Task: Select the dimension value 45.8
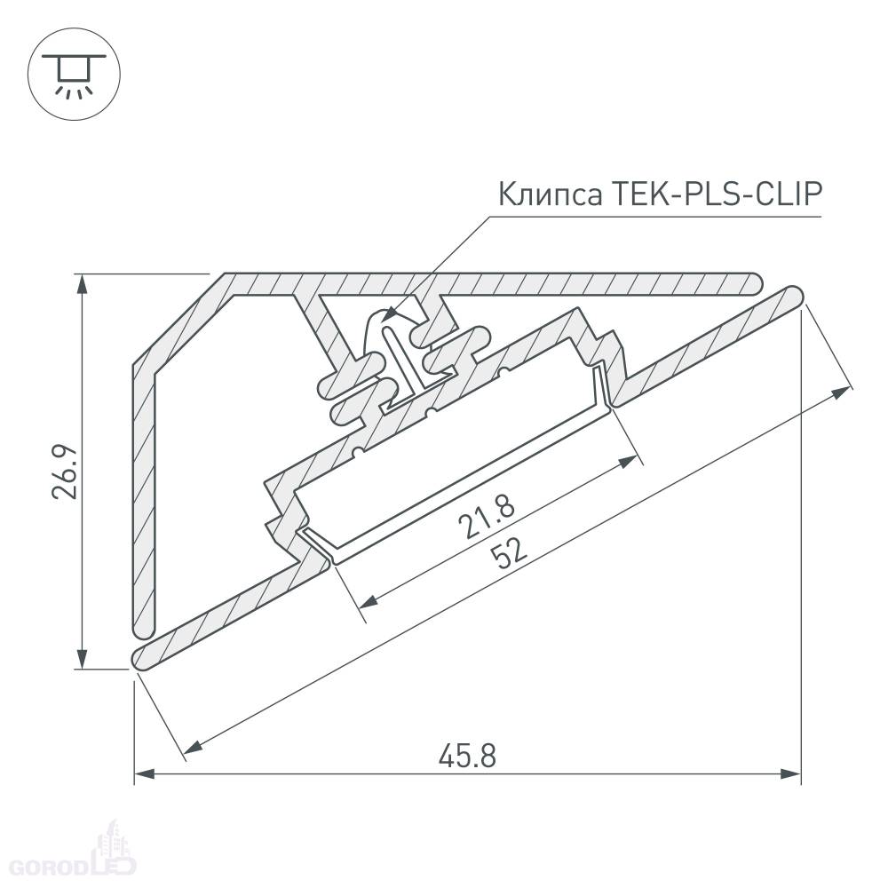[468, 756]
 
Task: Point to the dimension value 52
[508, 553]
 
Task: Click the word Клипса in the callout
[550, 194]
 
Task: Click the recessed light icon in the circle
[75, 75]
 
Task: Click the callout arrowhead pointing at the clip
[390, 314]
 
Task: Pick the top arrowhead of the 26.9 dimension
[83, 285]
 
